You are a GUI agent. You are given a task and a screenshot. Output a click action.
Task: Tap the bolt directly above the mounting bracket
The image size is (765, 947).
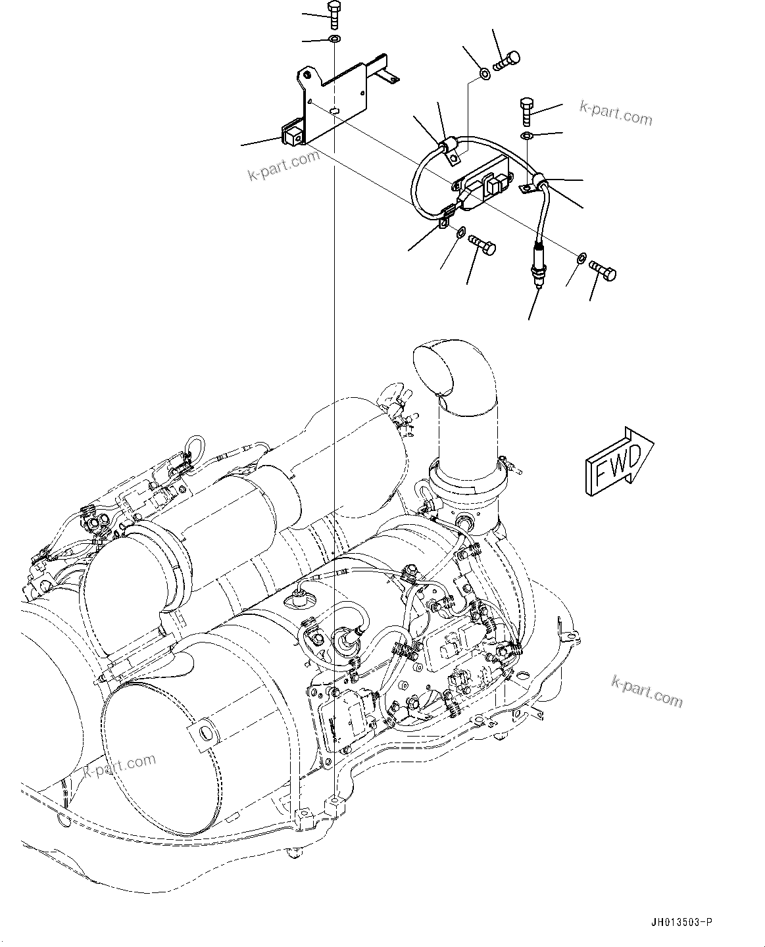point(333,14)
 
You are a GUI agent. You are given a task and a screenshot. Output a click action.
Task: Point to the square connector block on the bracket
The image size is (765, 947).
point(292,136)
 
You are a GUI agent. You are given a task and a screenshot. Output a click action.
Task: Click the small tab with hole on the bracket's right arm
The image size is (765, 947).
point(392,80)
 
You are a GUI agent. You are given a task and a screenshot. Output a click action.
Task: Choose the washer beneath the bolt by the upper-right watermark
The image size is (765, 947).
point(528,136)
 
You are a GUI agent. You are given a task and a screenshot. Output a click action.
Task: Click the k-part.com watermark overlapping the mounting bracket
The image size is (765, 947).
point(284,164)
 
